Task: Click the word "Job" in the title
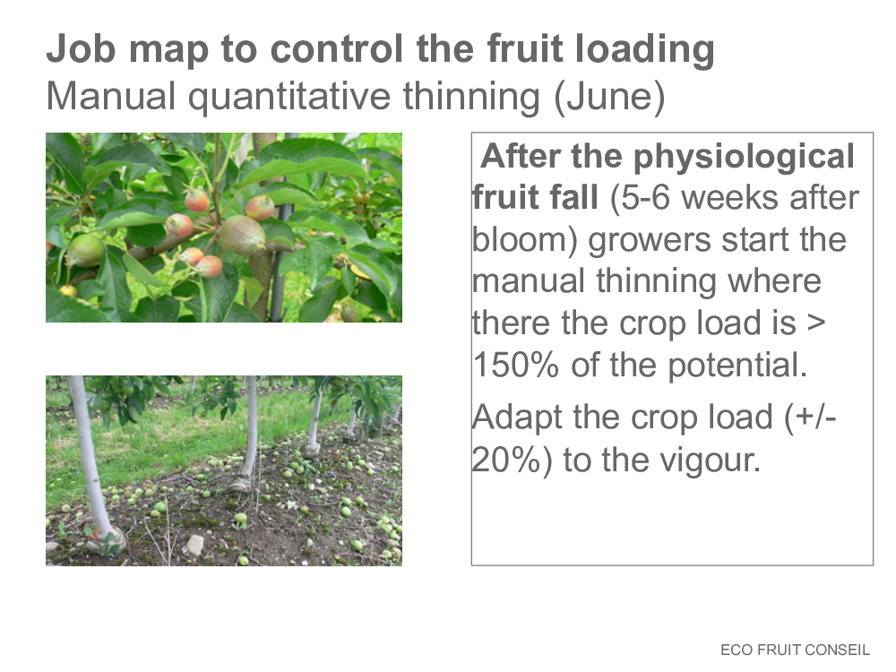click(82, 49)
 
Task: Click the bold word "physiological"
click(744, 158)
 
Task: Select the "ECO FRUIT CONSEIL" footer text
click(795, 650)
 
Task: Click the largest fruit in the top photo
click(242, 234)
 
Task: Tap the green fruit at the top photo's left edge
click(85, 250)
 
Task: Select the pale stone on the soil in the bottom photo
click(194, 545)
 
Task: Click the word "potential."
click(737, 366)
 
